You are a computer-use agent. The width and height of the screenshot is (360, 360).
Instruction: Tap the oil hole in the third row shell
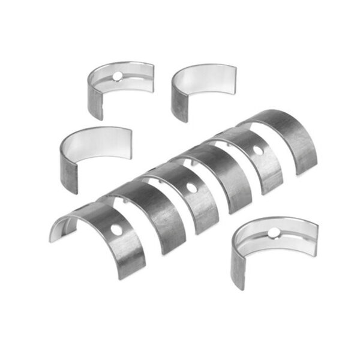tap(191, 187)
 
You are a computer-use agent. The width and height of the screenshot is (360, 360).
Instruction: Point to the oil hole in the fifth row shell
tap(257, 150)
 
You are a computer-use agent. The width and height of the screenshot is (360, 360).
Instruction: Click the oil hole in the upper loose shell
tap(118, 76)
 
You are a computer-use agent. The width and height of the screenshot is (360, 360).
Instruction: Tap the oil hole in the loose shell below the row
tap(273, 232)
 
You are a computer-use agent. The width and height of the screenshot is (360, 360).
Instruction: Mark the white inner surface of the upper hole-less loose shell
tap(207, 81)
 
